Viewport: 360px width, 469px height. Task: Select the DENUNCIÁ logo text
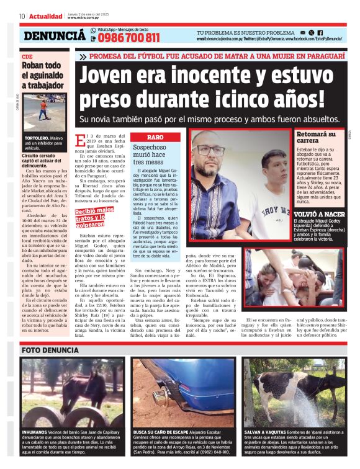coord(54,36)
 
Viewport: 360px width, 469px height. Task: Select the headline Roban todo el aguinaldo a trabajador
coord(42,75)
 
